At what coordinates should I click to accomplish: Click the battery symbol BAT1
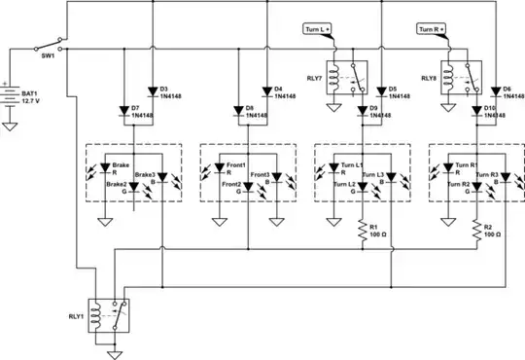coord(12,97)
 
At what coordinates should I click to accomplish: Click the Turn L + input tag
coord(318,30)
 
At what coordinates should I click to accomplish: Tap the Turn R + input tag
coord(433,30)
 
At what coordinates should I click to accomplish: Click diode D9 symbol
coord(362,109)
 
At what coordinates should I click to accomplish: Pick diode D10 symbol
coord(476,109)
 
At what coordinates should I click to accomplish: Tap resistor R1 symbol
coord(362,232)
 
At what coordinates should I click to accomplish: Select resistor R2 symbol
coord(476,232)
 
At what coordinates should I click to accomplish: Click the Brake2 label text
coord(116,183)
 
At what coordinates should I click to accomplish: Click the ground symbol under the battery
coord(12,125)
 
